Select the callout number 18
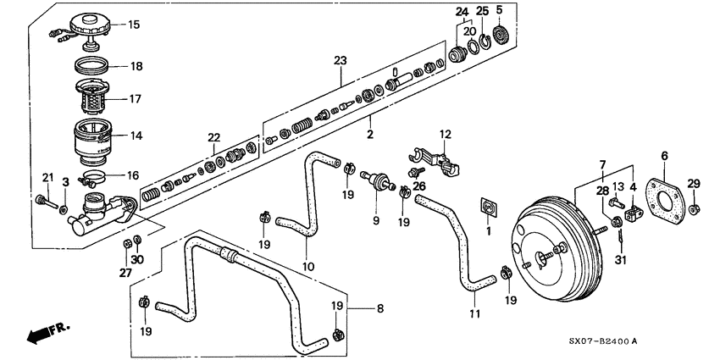[136, 66]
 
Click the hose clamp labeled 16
[94, 178]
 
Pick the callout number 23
[341, 61]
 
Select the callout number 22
[213, 138]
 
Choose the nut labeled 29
[693, 208]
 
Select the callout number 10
[309, 267]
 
